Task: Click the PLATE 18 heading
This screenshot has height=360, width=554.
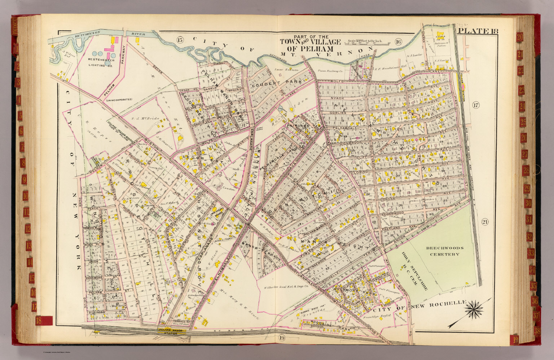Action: click(478, 31)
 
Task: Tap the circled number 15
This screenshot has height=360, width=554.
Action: click(180, 40)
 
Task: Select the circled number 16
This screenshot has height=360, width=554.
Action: click(398, 41)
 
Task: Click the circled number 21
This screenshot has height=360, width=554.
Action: click(484, 222)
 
